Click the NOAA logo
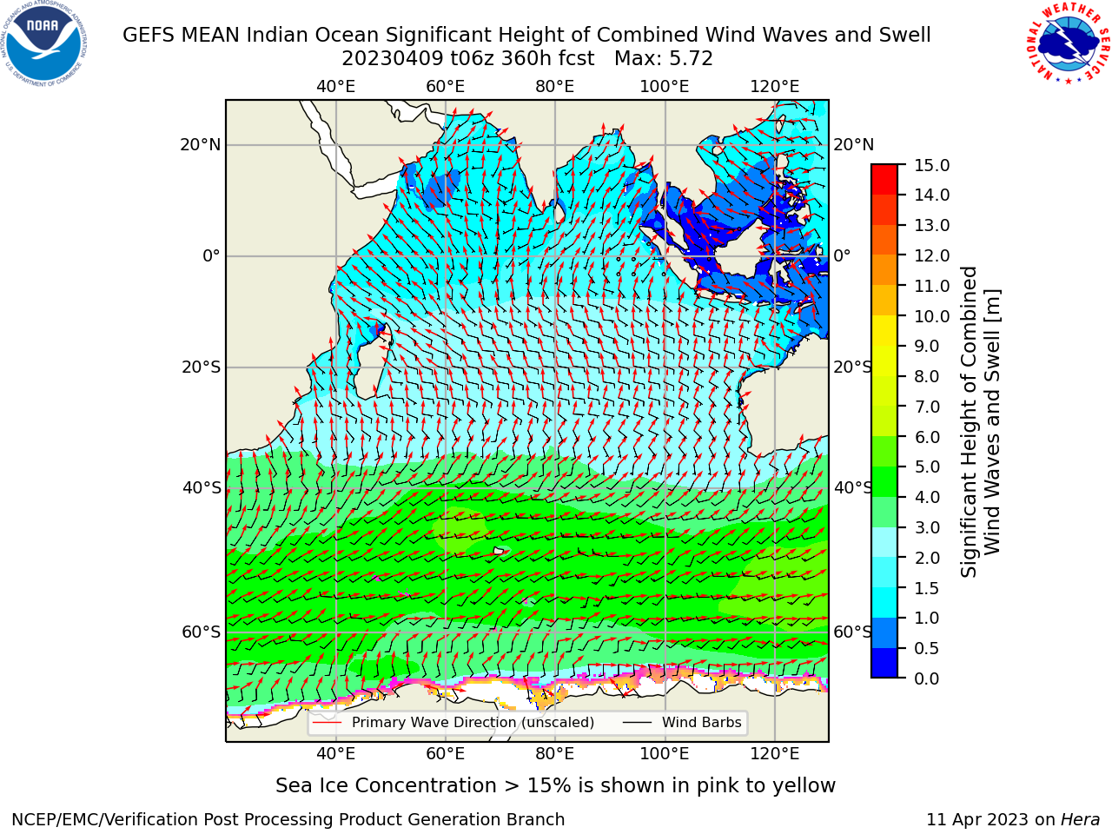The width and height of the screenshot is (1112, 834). [x=44, y=44]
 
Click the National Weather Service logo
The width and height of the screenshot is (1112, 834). [x=1068, y=43]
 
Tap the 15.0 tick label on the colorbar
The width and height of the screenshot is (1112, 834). [x=931, y=165]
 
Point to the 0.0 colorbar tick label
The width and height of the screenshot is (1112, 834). [x=927, y=678]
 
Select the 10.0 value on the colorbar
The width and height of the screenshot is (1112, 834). [x=931, y=316]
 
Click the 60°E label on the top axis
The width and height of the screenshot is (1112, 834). [x=446, y=87]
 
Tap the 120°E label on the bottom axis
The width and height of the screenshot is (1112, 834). [x=775, y=753]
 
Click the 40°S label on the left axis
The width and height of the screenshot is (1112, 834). [x=202, y=487]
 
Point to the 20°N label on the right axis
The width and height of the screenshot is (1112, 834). [x=854, y=145]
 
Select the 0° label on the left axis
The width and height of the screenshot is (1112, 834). [x=212, y=255]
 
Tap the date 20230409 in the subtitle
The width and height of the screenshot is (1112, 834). [x=393, y=59]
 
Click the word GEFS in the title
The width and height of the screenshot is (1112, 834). [x=149, y=35]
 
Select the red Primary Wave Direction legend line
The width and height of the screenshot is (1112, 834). [x=327, y=722]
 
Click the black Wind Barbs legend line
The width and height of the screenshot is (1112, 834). [x=637, y=722]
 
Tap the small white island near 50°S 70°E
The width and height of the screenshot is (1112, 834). [x=500, y=551]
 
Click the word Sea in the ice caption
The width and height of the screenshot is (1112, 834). [x=294, y=785]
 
